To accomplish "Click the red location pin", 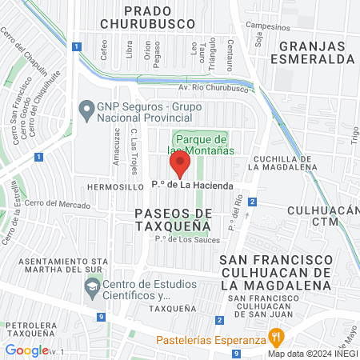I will (x=180, y=166).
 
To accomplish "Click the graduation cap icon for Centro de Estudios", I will (x=93, y=286).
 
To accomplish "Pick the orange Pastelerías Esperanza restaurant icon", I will (x=276, y=336).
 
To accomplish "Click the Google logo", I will (x=26, y=350).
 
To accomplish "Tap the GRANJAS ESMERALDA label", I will (x=312, y=52).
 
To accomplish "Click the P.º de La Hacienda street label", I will (x=193, y=186).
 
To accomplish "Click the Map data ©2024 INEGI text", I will (x=312, y=354).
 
